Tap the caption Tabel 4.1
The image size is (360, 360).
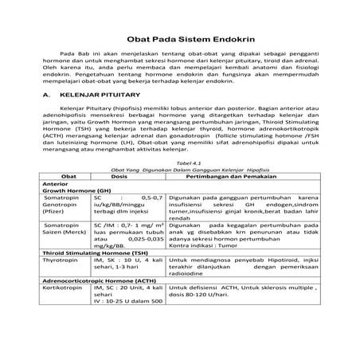179,184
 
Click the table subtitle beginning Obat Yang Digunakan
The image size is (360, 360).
179,191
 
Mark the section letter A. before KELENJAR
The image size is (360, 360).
45,115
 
